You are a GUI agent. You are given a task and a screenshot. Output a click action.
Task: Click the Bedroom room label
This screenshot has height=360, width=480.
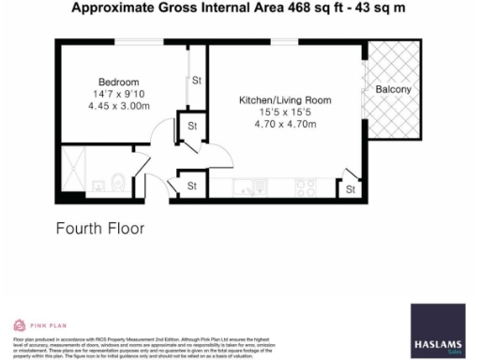119,82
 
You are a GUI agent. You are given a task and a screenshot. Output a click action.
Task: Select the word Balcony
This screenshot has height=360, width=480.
393,89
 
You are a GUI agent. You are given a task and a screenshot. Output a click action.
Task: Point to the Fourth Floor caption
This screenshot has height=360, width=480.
99,228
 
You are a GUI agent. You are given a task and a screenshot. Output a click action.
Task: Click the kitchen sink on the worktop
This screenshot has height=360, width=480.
247,184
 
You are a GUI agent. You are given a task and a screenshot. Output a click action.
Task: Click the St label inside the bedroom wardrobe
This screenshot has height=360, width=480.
197,82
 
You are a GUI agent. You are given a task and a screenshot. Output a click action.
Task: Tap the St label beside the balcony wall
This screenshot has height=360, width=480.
351,190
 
